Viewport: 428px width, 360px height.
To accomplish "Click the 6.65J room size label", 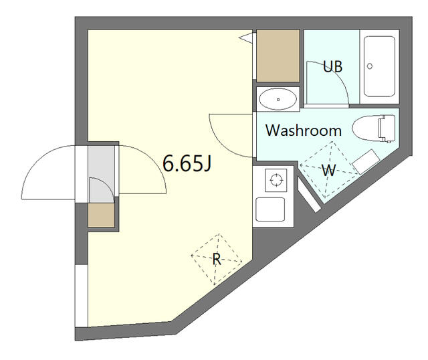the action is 187,163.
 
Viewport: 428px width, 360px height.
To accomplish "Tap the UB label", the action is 332,66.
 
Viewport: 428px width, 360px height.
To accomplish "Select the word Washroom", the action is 304,130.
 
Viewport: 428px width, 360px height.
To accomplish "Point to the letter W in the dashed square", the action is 328,171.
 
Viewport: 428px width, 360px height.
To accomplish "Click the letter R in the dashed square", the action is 217,259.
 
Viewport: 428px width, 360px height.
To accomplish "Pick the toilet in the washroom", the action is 373,128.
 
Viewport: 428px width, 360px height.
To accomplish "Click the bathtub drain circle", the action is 370,66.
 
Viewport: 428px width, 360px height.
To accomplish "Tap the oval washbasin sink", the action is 278,99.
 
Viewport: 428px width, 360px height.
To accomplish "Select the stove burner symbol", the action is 276,180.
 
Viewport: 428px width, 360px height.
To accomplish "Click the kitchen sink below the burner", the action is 270,209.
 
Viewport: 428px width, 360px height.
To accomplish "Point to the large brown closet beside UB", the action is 278,56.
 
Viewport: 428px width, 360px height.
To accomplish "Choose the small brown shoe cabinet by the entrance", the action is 101,215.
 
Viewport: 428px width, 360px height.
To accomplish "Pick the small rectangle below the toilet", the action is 366,162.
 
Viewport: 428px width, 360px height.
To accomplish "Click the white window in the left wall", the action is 82,296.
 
